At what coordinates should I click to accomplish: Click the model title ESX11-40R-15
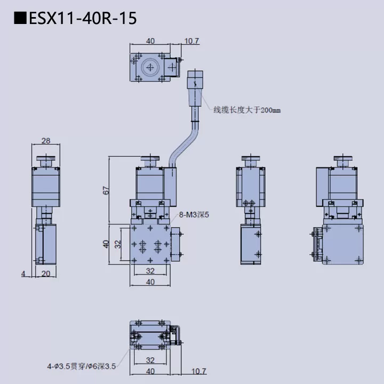82,19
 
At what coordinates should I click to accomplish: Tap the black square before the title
19,19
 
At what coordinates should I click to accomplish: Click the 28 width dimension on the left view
45,141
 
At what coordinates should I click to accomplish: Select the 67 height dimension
106,189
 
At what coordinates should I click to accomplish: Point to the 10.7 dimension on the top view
191,41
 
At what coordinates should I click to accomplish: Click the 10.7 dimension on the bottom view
198,371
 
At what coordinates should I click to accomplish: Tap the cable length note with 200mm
246,110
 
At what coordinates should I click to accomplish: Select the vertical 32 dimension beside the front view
118,244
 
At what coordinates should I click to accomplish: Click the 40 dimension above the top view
150,41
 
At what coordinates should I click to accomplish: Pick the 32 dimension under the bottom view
150,360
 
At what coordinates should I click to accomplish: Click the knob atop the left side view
45,161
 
